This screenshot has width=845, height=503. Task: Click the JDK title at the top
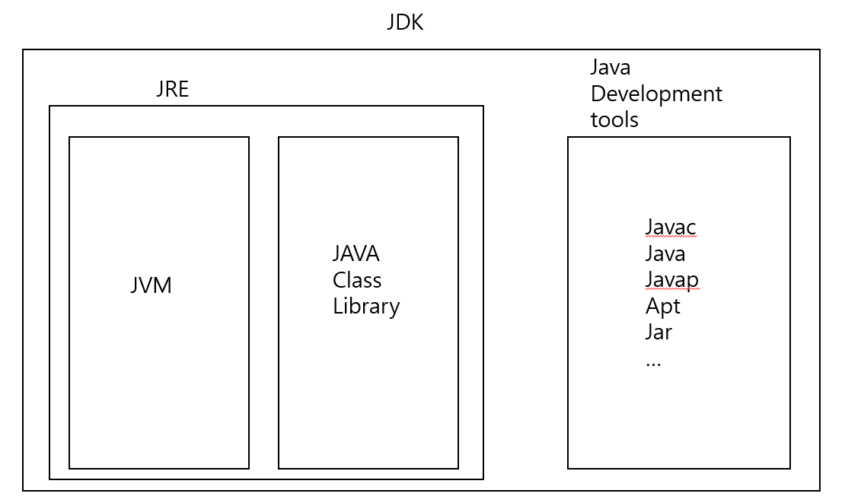pyautogui.click(x=405, y=22)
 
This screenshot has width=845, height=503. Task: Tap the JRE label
pyautogui.click(x=172, y=89)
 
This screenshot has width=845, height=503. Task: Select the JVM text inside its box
pyautogui.click(x=151, y=285)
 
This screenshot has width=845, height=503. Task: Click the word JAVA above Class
pyautogui.click(x=356, y=253)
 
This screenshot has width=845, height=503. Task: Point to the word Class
pyautogui.click(x=357, y=280)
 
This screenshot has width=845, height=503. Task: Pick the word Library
pyautogui.click(x=366, y=306)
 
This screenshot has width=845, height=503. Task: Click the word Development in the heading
pyautogui.click(x=656, y=94)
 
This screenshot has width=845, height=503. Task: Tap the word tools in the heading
pyautogui.click(x=614, y=119)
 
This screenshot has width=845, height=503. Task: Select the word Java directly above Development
pyautogui.click(x=611, y=68)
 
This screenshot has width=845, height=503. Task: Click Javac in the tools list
pyautogui.click(x=671, y=227)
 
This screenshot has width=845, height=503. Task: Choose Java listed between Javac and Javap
pyautogui.click(x=665, y=253)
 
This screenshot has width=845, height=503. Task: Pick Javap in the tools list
pyautogui.click(x=671, y=280)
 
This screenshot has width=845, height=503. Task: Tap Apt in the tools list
pyautogui.click(x=662, y=306)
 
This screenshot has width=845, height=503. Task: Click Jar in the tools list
pyautogui.click(x=658, y=332)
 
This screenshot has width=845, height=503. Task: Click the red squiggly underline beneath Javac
pyautogui.click(x=671, y=237)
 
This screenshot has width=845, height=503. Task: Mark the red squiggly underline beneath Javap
pyautogui.click(x=671, y=290)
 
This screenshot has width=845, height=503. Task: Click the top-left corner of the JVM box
pyautogui.click(x=69, y=137)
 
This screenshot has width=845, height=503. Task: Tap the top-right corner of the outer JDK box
pyautogui.click(x=820, y=49)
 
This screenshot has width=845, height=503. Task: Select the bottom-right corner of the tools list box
pyautogui.click(x=790, y=469)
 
